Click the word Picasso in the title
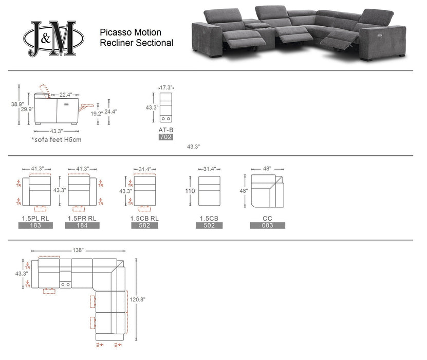(x=114, y=32)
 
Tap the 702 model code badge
(x=166, y=137)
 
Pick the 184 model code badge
(x=83, y=225)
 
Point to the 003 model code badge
(x=267, y=225)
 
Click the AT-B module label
(x=166, y=130)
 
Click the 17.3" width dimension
(x=166, y=88)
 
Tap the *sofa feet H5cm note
(x=56, y=139)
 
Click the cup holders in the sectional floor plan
(x=65, y=284)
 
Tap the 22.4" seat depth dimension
(x=65, y=95)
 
